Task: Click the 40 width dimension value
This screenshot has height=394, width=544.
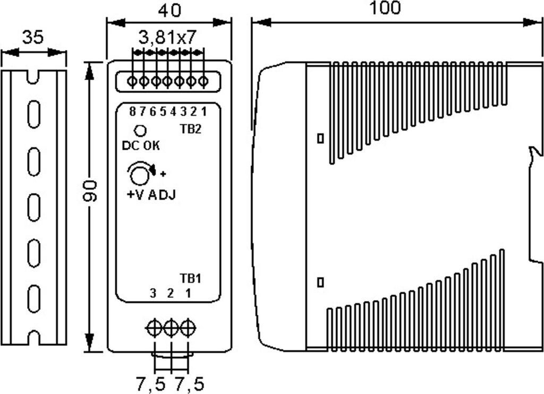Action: click(x=169, y=10)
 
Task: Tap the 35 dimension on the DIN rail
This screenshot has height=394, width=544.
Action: click(x=33, y=38)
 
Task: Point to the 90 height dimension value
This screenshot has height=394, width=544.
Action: click(x=90, y=191)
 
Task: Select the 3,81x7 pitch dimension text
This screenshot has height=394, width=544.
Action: click(x=167, y=38)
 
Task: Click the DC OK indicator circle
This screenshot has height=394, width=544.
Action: click(x=141, y=130)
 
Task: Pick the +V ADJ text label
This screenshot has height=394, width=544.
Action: click(x=151, y=194)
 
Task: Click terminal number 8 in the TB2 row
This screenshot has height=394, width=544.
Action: click(x=133, y=112)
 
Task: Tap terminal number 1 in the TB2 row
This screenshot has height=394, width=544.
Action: click(x=203, y=112)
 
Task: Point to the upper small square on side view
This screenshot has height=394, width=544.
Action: click(x=320, y=138)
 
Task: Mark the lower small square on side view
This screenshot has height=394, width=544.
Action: click(x=320, y=281)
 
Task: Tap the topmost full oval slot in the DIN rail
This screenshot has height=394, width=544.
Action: click(x=33, y=114)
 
